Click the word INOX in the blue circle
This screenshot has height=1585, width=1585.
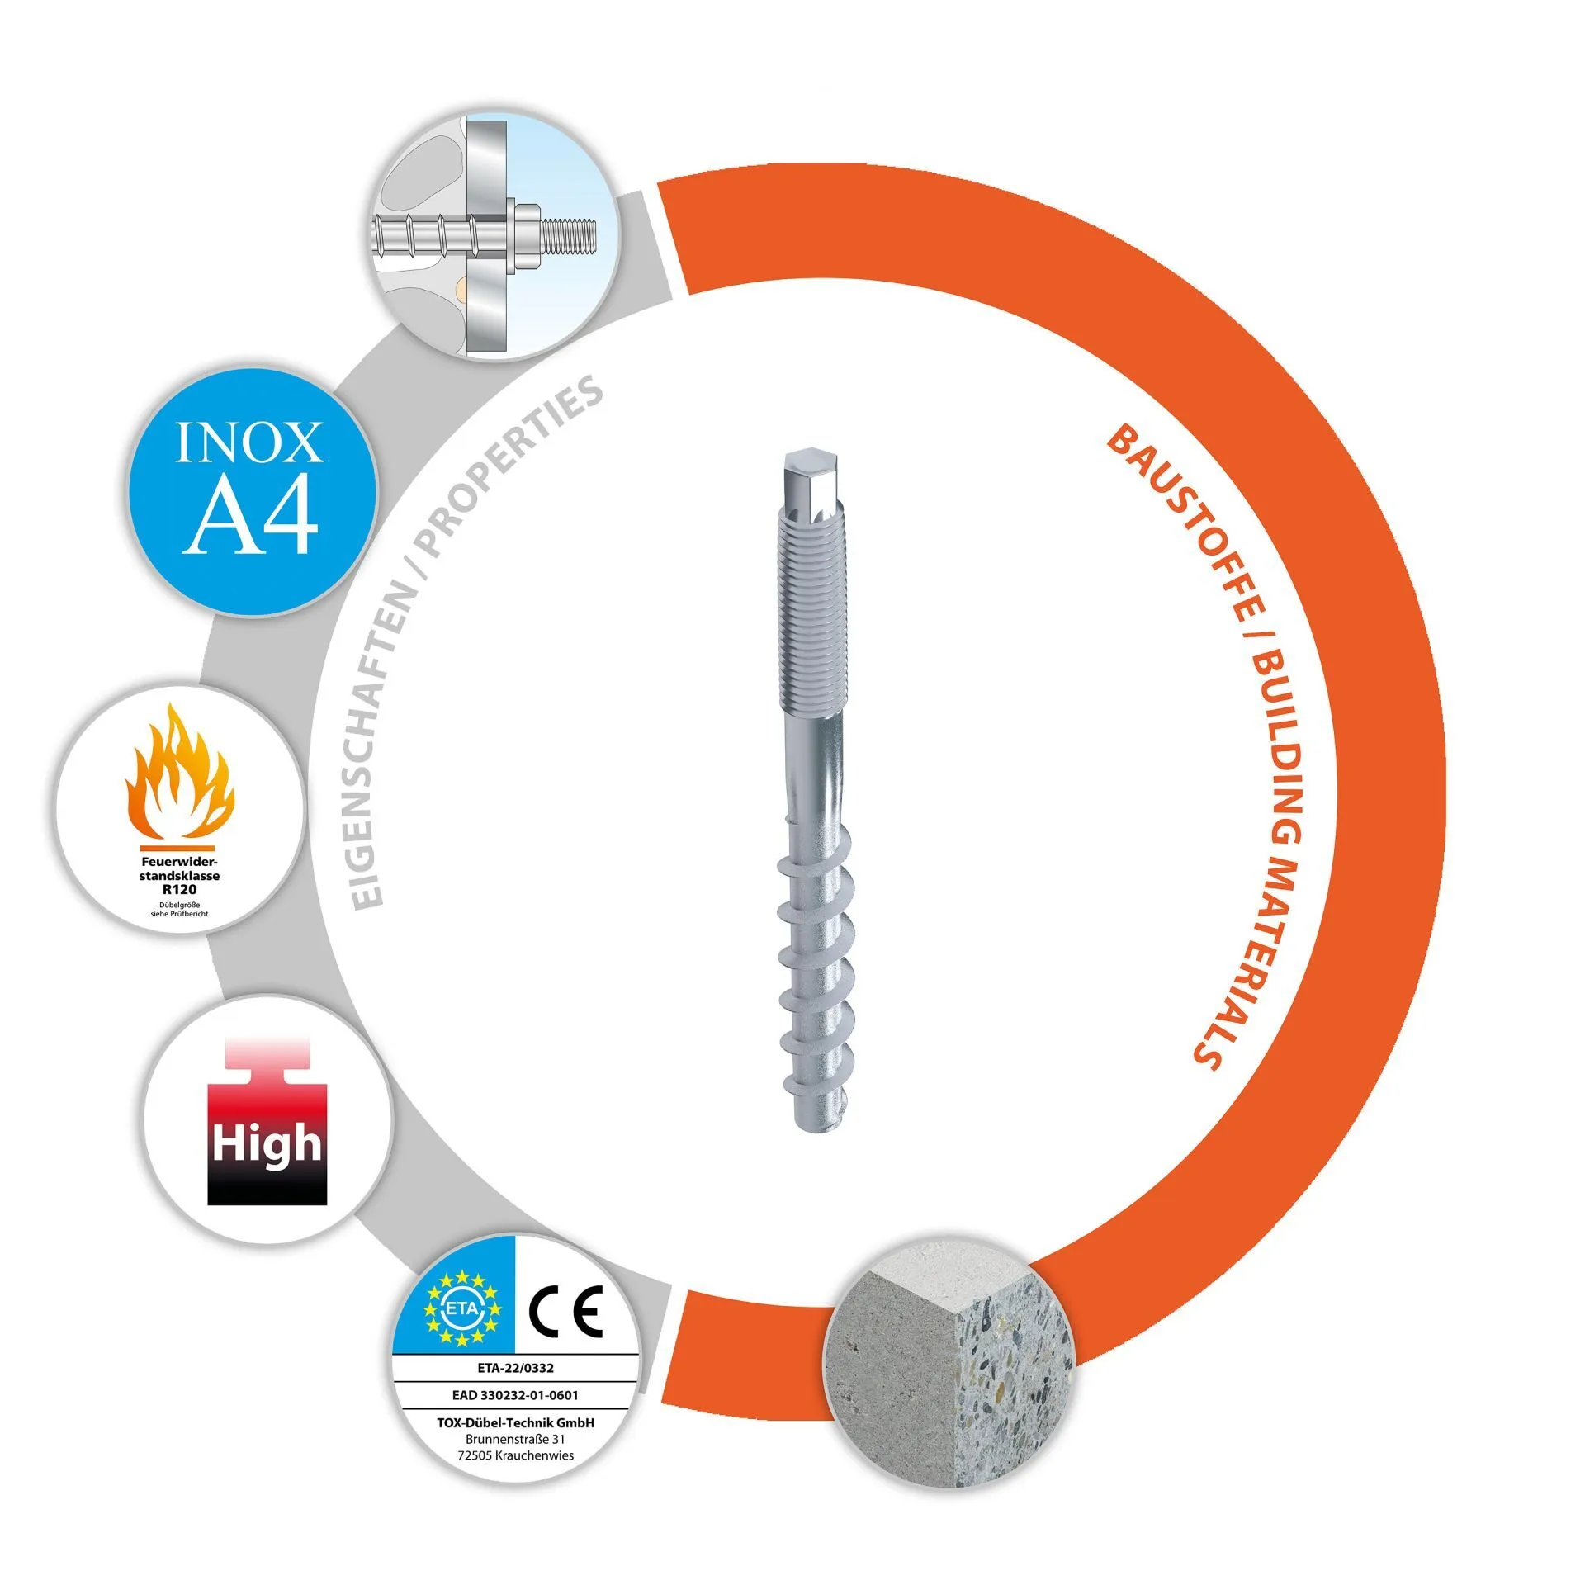pyautogui.click(x=249, y=442)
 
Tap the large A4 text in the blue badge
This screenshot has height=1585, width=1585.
pyautogui.click(x=250, y=517)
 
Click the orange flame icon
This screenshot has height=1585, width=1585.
pyautogui.click(x=179, y=773)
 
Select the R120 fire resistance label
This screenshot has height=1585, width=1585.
pyautogui.click(x=179, y=890)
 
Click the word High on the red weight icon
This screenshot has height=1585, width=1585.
pyautogui.click(x=267, y=1144)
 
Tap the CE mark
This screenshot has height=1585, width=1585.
pyautogui.click(x=566, y=1310)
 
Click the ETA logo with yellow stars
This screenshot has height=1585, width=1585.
pyautogui.click(x=461, y=1308)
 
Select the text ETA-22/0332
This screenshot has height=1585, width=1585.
pyautogui.click(x=515, y=1368)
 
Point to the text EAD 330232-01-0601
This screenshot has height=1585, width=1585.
pyautogui.click(x=515, y=1395)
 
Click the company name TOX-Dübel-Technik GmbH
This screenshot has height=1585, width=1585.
pyautogui.click(x=515, y=1422)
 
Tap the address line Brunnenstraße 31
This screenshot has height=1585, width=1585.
pyautogui.click(x=515, y=1439)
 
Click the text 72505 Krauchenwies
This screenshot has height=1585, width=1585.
pyautogui.click(x=515, y=1455)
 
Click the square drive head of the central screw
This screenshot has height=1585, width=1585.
pyautogui.click(x=811, y=479)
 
